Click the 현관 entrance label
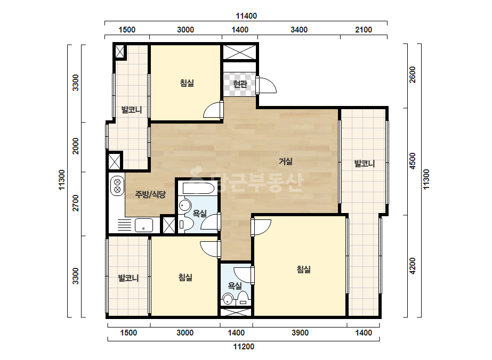pos(240,84)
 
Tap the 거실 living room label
pos(286,161)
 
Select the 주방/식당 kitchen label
pos(150,194)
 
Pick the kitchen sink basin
pos(144,225)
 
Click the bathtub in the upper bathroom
pos(199,188)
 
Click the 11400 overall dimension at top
pos(246,15)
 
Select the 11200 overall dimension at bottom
pos(244,347)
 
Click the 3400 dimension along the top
pos(299,30)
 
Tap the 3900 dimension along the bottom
pos(300,333)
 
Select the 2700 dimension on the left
pos(76,203)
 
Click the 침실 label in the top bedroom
pos(187,83)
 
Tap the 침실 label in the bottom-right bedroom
pos(304,269)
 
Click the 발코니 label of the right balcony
pos(364,163)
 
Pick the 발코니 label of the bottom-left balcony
pos(128,278)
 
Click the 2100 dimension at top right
pos(364,30)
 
